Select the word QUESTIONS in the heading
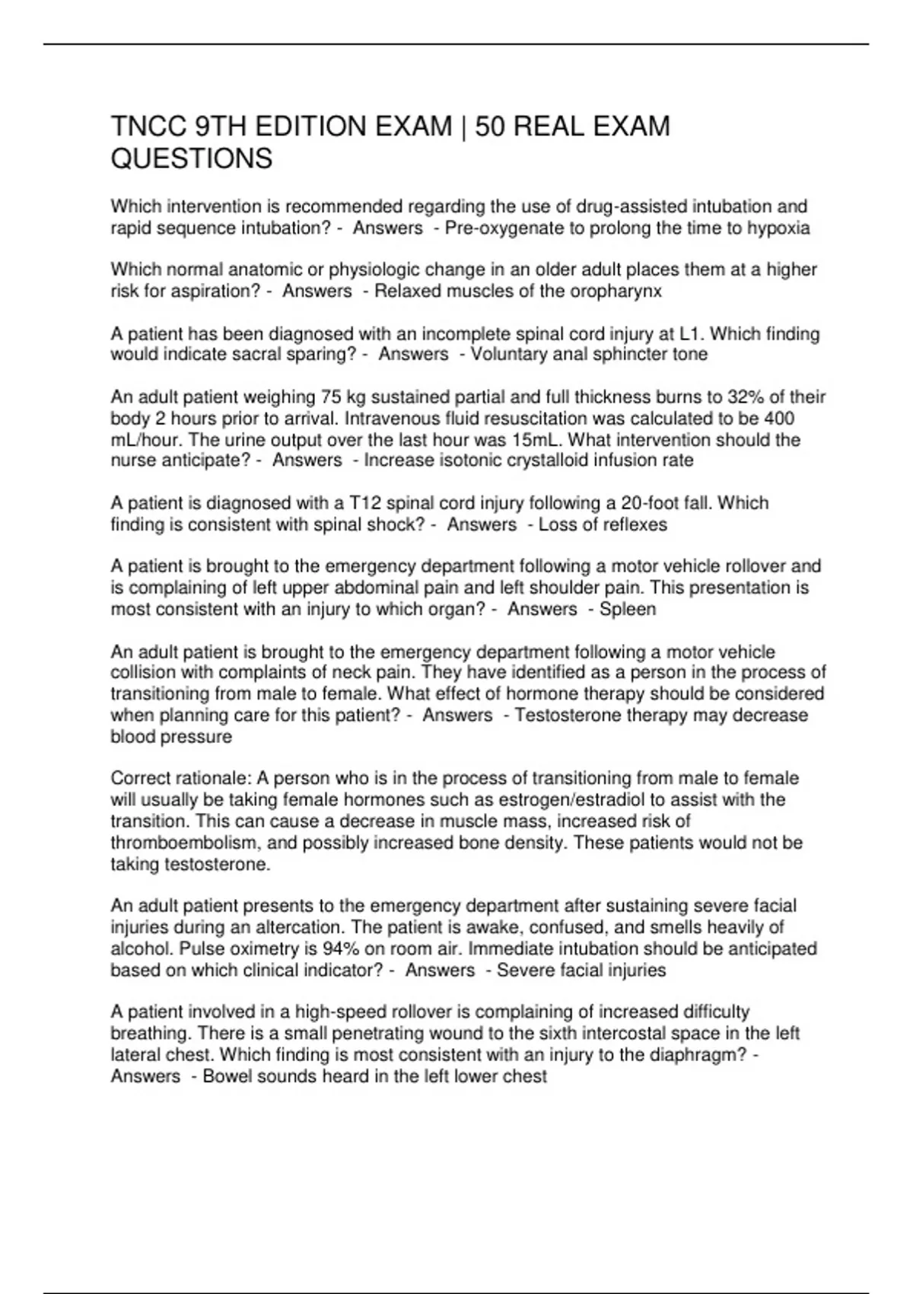coord(191,158)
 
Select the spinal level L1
coord(690,333)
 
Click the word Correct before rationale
coord(138,778)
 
